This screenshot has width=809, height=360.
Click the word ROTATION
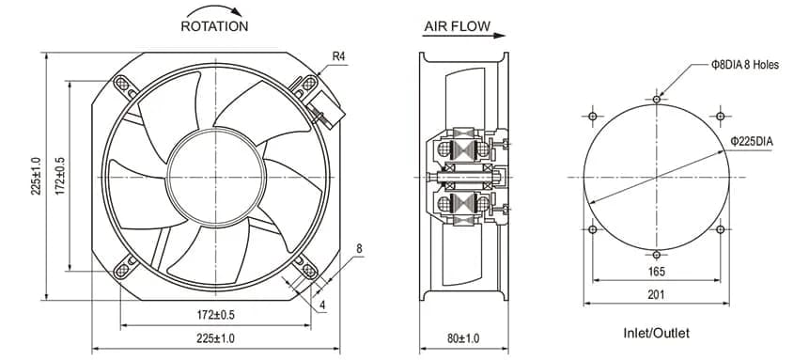214,25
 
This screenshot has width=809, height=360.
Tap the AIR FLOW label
458,26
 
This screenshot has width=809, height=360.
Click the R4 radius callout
338,56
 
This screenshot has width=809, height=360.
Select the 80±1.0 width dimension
463,338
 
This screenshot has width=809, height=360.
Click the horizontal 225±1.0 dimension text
215,338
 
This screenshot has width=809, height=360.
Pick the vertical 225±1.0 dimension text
36,176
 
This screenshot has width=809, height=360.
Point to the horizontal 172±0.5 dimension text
216,315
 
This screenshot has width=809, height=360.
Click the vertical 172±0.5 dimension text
60,176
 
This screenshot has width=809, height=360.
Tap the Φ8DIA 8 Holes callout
744,65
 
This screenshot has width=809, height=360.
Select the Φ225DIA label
752,141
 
